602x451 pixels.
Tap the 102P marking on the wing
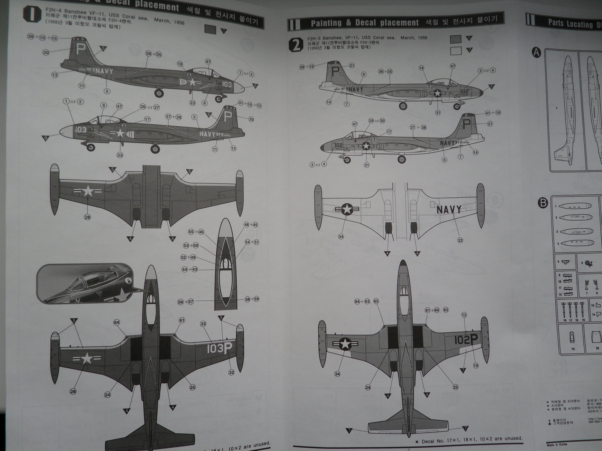(466, 339)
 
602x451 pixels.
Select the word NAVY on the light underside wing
(448, 209)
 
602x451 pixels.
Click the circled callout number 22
(460, 240)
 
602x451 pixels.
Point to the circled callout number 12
(464, 315)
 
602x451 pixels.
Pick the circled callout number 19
(476, 365)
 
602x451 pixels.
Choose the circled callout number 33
(203, 324)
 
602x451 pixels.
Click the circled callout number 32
(231, 372)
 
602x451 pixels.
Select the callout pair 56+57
(186, 302)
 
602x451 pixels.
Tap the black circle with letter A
(537, 53)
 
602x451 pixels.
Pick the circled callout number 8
(205, 103)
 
